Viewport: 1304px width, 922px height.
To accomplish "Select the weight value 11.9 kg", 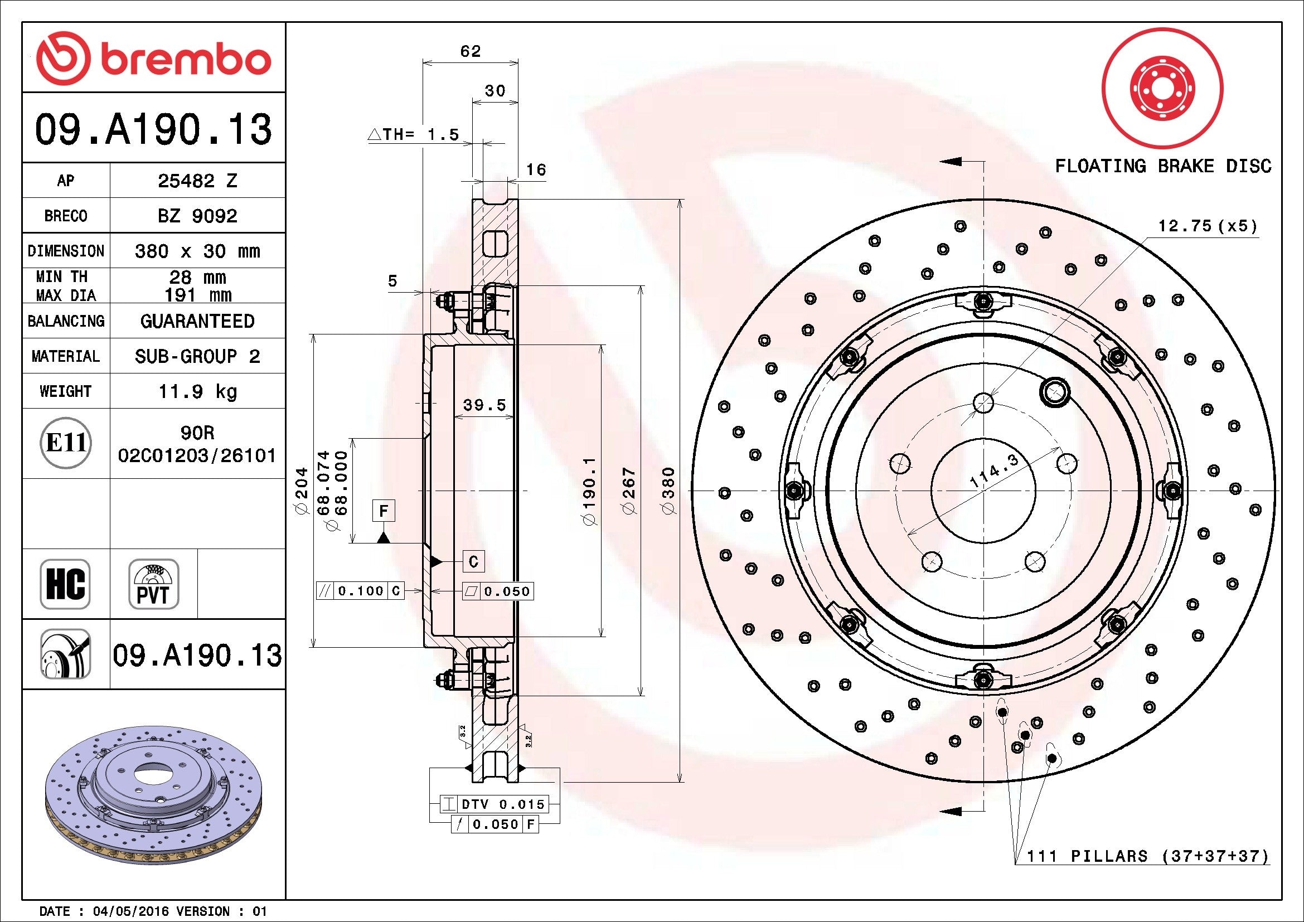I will (x=197, y=391).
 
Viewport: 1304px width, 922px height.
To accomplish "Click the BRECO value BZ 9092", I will (x=197, y=216).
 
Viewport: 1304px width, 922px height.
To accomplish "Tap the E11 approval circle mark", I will (x=66, y=443).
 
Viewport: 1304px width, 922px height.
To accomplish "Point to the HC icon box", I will (x=65, y=584).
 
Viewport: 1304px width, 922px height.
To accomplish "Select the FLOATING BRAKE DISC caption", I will (x=1162, y=166).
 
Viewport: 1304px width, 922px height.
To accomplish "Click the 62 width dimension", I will (x=471, y=52).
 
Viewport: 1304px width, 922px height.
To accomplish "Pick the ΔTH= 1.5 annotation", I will (x=414, y=134).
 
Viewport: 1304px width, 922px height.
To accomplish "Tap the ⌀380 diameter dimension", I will (x=670, y=491).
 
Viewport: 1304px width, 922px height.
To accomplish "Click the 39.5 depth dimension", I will (x=484, y=405).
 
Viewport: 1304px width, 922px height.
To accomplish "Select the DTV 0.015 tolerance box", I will (x=495, y=804).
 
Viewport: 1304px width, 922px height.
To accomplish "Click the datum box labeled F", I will (x=384, y=511).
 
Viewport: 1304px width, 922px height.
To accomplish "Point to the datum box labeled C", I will (x=473, y=561).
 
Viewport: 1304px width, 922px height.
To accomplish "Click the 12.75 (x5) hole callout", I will (x=1208, y=226).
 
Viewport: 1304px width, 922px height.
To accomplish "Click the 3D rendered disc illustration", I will (x=153, y=795).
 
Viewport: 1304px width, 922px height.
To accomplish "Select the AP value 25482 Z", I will (x=197, y=181).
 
